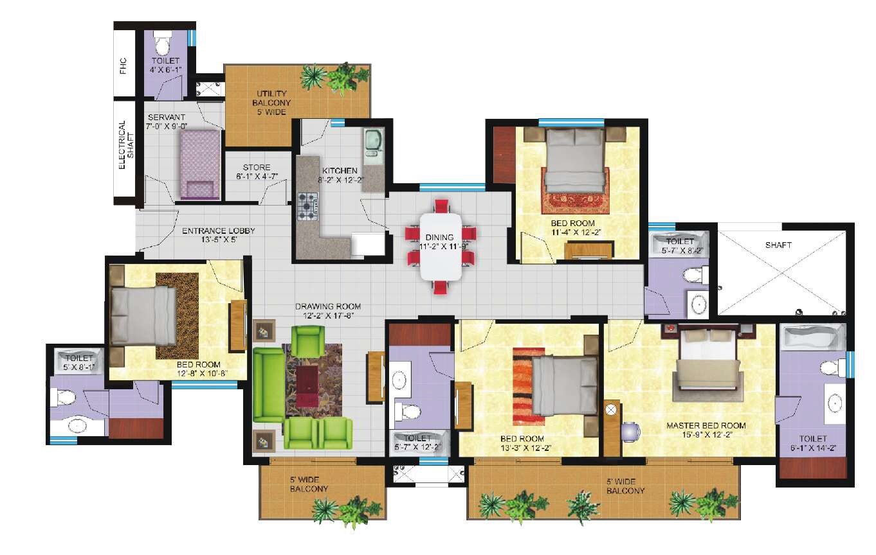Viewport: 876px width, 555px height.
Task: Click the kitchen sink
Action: pos(372,145)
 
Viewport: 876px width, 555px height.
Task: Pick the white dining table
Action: pos(441,247)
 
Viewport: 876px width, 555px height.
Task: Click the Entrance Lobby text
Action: pos(219,231)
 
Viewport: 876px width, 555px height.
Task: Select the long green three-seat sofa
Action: pos(268,385)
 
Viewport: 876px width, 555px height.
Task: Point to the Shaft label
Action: pos(778,245)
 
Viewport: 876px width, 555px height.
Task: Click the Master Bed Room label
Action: pos(706,425)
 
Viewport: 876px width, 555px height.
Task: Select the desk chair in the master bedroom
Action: pos(630,431)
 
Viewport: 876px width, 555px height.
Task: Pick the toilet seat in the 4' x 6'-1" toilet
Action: pos(163,45)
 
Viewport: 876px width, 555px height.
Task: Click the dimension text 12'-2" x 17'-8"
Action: pos(327,315)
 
